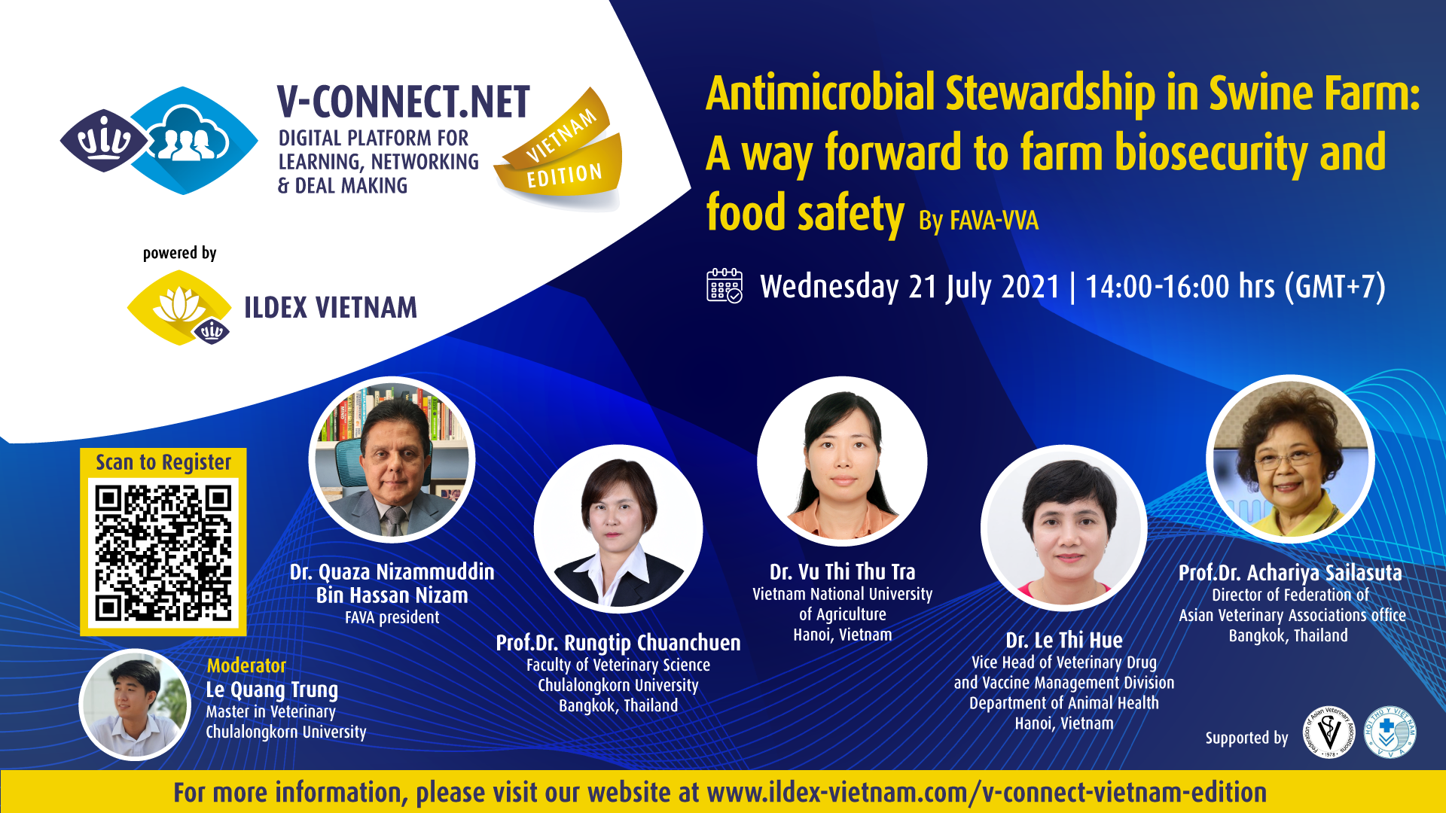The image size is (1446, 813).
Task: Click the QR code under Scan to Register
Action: click(163, 553)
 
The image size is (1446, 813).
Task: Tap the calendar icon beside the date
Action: click(725, 286)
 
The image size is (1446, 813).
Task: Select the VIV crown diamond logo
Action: click(105, 140)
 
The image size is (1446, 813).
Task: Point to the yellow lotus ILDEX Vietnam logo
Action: click(179, 308)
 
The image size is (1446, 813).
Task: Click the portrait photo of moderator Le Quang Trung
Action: click(136, 705)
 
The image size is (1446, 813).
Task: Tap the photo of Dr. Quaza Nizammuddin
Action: click(392, 459)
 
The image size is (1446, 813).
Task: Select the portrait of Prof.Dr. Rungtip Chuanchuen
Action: click(618, 529)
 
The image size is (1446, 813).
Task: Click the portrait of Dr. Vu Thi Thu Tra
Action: click(842, 461)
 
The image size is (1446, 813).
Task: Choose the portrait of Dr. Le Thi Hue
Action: click(1064, 528)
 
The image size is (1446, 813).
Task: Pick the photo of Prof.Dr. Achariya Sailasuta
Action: click(1290, 459)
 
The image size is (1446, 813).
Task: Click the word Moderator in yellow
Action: click(246, 665)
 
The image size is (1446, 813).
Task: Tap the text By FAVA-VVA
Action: click(978, 220)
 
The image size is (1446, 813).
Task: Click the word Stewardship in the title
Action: click(1050, 93)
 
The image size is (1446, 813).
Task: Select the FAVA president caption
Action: click(392, 617)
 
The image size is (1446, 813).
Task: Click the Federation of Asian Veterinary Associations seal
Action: click(1329, 732)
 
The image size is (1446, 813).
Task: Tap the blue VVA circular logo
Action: click(1390, 732)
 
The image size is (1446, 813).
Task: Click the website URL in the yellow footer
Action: click(987, 793)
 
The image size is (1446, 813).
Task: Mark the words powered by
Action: click(179, 253)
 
